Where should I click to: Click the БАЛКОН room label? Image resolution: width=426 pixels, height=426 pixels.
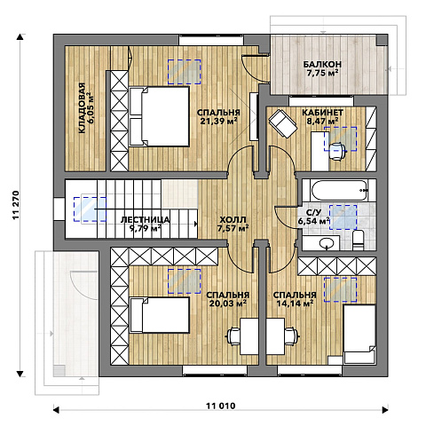(x=322, y=64)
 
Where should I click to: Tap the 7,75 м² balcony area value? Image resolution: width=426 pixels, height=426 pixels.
(x=322, y=73)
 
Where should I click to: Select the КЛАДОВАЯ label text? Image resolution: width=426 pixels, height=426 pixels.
(x=82, y=108)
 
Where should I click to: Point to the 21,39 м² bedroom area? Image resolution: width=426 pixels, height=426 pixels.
(x=218, y=121)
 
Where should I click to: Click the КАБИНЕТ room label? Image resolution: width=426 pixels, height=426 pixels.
(x=322, y=113)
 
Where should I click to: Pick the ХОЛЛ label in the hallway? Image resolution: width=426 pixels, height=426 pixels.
(x=233, y=220)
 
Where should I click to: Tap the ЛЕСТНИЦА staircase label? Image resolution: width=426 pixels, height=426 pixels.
(x=146, y=219)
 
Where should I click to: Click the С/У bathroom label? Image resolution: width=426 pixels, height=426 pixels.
(x=313, y=212)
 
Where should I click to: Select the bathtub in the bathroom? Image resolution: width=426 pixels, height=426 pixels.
(x=339, y=191)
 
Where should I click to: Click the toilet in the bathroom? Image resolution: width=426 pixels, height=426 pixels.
(x=358, y=240)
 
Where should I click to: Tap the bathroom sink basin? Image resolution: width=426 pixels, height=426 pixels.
(x=327, y=243)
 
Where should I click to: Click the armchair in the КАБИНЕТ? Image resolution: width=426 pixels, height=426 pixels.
(x=283, y=123)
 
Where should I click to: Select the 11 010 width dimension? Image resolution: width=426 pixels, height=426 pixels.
(x=221, y=406)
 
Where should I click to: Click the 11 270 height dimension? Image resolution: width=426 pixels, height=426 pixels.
(x=16, y=205)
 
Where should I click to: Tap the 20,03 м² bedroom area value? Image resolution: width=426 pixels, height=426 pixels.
(x=228, y=304)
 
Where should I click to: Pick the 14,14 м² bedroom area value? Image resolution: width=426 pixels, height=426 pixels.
(x=295, y=304)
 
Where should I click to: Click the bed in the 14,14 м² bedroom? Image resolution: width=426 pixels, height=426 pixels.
(x=359, y=334)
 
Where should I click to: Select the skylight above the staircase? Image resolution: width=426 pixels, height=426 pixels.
(x=90, y=209)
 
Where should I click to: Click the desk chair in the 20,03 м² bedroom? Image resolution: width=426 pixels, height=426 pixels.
(x=233, y=336)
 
